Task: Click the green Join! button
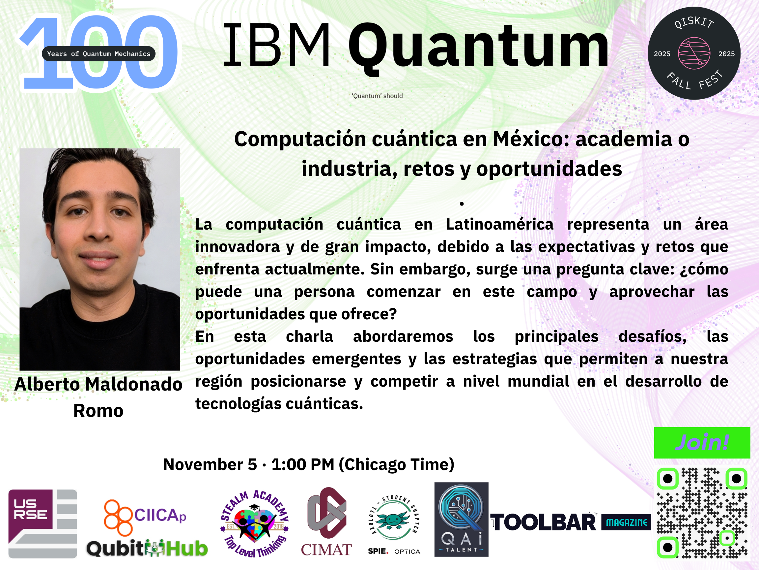tap(702, 443)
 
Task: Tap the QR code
tap(702, 513)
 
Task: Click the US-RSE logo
tap(42, 523)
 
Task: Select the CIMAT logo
tap(326, 522)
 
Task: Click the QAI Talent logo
tap(461, 519)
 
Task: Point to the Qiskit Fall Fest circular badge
tap(694, 53)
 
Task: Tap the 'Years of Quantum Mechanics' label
tap(98, 53)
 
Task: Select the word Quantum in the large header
tap(478, 48)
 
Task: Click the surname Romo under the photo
tap(98, 411)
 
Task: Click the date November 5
tap(210, 464)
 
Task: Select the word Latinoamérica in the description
tap(500, 224)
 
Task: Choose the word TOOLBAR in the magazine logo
tap(544, 522)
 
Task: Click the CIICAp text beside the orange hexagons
tap(160, 515)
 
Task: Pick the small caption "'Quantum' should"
tap(377, 96)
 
